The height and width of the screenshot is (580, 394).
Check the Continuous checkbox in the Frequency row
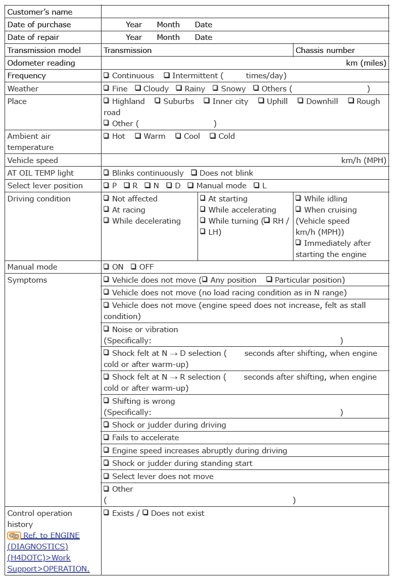pyautogui.click(x=107, y=75)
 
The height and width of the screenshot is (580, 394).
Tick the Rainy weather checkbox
pyautogui.click(x=179, y=88)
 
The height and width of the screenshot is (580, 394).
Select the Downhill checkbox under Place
pyautogui.click(x=301, y=101)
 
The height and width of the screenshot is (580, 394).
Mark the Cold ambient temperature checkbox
pyautogui.click(x=213, y=136)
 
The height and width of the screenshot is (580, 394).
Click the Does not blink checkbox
pyautogui.click(x=194, y=173)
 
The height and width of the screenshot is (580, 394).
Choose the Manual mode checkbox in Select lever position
pyautogui.click(x=190, y=185)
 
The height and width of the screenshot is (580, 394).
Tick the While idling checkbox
pyautogui.click(x=299, y=198)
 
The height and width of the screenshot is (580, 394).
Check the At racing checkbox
pyautogui.click(x=107, y=209)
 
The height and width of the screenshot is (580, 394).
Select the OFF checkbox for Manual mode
pyautogui.click(x=133, y=267)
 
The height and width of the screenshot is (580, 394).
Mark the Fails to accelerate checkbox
pyautogui.click(x=107, y=437)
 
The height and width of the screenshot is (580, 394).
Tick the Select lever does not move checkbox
pyautogui.click(x=107, y=476)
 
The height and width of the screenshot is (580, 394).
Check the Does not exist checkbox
pyautogui.click(x=145, y=513)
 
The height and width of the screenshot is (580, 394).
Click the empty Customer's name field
pyautogui.click(x=245, y=12)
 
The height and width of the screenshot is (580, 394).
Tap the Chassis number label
pyautogui.click(x=325, y=50)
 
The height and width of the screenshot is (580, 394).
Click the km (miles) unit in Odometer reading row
pyautogui.click(x=366, y=63)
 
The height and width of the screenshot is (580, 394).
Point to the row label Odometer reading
pyautogui.click(x=41, y=63)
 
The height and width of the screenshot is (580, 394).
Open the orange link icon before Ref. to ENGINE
pyautogui.click(x=14, y=536)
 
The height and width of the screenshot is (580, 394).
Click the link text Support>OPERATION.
pyautogui.click(x=48, y=568)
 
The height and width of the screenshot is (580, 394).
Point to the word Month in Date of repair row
pyautogui.click(x=168, y=37)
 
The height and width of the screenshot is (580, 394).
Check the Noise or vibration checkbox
pyautogui.click(x=107, y=329)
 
